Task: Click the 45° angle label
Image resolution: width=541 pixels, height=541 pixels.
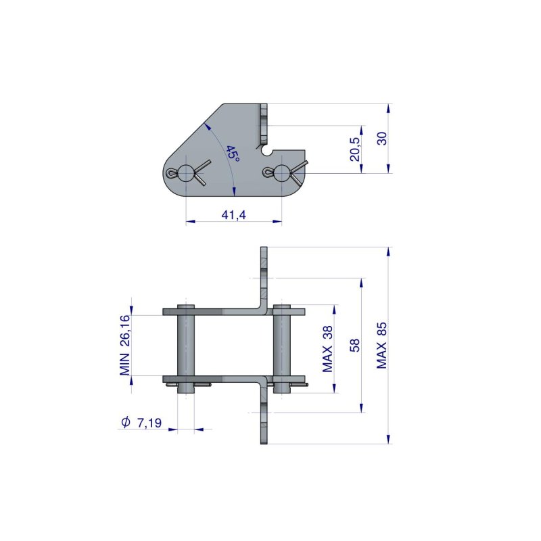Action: [233, 154]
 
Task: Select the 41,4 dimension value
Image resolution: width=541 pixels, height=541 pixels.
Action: [233, 215]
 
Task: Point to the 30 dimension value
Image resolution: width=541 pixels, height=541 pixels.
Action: [382, 139]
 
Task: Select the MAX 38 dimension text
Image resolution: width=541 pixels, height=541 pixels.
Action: [328, 348]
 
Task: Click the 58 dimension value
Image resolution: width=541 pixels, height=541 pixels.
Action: [354, 345]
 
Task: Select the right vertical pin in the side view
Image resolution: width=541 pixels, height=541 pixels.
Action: [281, 345]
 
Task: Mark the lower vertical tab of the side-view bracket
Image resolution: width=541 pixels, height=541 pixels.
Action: [264, 419]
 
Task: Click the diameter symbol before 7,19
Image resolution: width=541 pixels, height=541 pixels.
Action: [125, 423]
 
